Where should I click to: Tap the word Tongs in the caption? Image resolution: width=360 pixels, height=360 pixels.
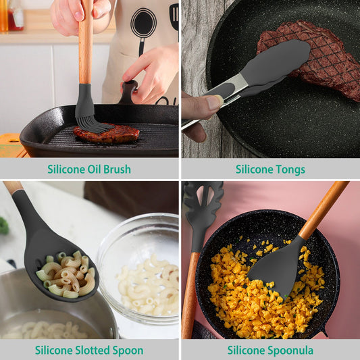(288, 170)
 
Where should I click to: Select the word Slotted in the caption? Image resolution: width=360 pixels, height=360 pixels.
(97, 351)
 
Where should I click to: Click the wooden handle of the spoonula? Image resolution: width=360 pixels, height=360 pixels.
(323, 209)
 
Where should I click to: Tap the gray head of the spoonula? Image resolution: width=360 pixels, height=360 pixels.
(277, 267)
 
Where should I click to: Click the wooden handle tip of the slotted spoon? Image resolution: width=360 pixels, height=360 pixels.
(11, 186)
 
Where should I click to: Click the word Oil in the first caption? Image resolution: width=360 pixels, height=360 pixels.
(90, 170)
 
